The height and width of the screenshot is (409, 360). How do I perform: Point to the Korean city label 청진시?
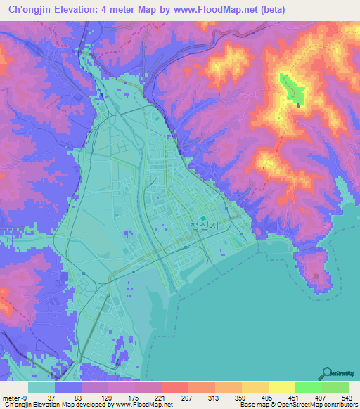[200, 226]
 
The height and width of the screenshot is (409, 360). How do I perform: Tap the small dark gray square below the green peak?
[300, 106]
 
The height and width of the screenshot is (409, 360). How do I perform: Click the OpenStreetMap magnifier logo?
[326, 373]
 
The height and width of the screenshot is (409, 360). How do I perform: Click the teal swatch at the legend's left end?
[41, 387]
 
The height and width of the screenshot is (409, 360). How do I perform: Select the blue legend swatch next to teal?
[68, 387]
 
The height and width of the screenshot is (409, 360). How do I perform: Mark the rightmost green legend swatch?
[335, 387]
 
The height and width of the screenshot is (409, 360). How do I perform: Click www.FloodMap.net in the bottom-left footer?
[139, 405]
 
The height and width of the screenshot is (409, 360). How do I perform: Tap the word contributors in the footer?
[340, 405]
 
